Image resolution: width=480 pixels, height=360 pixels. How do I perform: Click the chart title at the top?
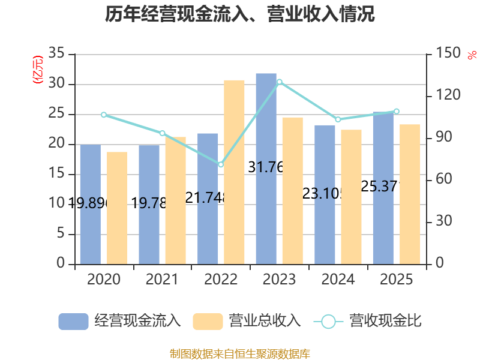coord(240,14)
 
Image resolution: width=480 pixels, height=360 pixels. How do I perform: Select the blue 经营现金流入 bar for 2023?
coord(266,168)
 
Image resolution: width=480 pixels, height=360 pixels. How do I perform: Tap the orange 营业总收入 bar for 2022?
coord(234,172)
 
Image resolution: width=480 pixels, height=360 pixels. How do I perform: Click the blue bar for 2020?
coord(90,204)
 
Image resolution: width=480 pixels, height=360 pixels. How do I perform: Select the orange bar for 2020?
coord(117,208)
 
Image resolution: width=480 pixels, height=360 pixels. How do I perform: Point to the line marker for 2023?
coord(279,82)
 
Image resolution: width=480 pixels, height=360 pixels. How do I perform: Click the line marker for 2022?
coord(221,164)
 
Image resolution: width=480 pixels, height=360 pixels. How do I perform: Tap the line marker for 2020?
coord(103,115)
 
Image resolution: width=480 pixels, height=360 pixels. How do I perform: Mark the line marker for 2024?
coord(338,119)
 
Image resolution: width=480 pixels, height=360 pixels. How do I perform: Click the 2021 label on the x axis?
coord(162,280)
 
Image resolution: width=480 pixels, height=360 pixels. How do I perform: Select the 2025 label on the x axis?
coord(397,280)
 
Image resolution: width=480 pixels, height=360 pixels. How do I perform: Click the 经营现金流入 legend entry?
coord(120,321)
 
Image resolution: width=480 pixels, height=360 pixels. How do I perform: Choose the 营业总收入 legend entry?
coord(247,321)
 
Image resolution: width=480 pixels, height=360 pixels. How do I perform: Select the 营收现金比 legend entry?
coord(367,321)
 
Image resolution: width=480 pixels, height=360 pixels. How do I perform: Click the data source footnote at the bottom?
coord(240,353)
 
